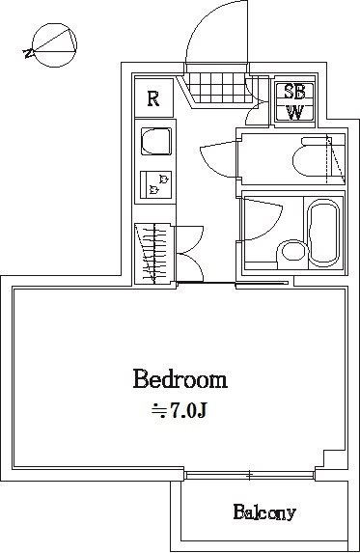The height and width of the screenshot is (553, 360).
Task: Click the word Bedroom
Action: tap(180, 379)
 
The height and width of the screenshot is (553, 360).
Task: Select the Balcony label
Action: tap(264, 512)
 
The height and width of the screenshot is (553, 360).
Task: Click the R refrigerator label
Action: tap(153, 98)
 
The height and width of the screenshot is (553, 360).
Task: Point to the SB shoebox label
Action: tap(294, 92)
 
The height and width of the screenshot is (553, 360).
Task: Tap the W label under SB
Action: tap(294, 113)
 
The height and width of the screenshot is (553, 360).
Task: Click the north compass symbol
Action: tap(54, 45)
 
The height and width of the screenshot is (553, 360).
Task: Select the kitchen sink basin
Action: tap(156, 142)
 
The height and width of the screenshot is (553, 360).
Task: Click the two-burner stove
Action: tap(155, 184)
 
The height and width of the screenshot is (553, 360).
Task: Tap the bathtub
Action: tap(323, 234)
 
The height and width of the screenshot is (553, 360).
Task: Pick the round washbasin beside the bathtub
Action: tap(291, 253)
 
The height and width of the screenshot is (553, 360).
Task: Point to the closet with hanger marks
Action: tap(153, 254)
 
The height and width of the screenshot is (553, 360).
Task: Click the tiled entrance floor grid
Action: tap(216, 88)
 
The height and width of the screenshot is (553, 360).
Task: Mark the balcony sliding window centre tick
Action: tap(250, 476)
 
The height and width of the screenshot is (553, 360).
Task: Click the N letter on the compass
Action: tap(28, 54)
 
